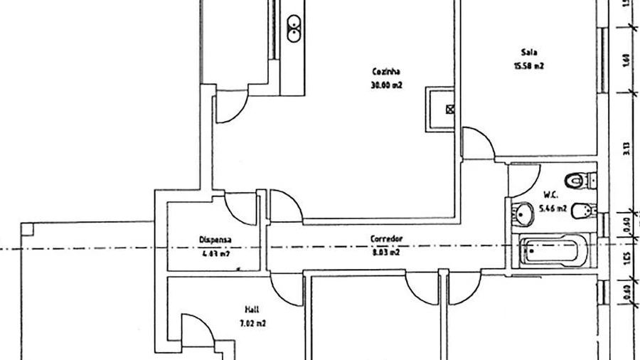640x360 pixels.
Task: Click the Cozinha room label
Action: coord(386,71)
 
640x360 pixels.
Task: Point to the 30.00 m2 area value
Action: coord(386,85)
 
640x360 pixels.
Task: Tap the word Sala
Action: coord(528,53)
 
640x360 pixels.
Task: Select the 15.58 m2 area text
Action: coord(528,66)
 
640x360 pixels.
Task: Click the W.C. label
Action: coord(550,194)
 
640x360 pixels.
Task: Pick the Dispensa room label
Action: coord(215,240)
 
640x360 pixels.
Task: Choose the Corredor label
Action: coord(387,238)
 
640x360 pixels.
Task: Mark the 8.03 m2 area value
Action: coord(386,252)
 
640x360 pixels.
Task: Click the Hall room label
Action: coord(251,309)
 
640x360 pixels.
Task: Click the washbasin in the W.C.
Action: coord(524,212)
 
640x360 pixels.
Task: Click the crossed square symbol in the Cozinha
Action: coord(449,109)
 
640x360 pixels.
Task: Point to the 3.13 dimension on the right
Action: coord(626,148)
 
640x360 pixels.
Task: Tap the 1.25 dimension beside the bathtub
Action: coord(626,255)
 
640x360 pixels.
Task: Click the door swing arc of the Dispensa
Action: coord(240,208)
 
